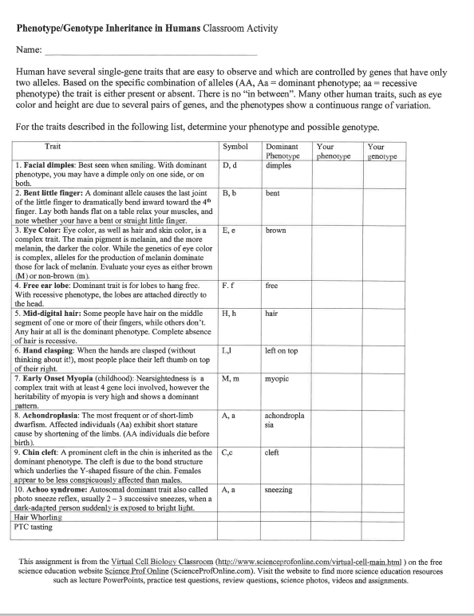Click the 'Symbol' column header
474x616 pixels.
(235, 147)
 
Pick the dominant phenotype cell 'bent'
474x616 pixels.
(272, 193)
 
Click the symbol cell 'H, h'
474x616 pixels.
(230, 337)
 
